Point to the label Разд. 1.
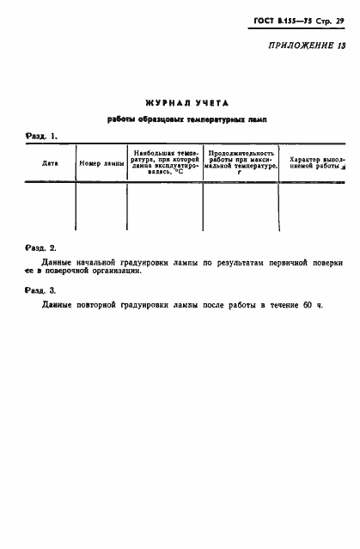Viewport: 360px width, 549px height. pyautogui.click(x=41, y=136)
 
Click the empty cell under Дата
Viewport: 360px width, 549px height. pyautogui.click(x=50, y=207)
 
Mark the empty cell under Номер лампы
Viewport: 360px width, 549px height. pyautogui.click(x=101, y=207)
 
